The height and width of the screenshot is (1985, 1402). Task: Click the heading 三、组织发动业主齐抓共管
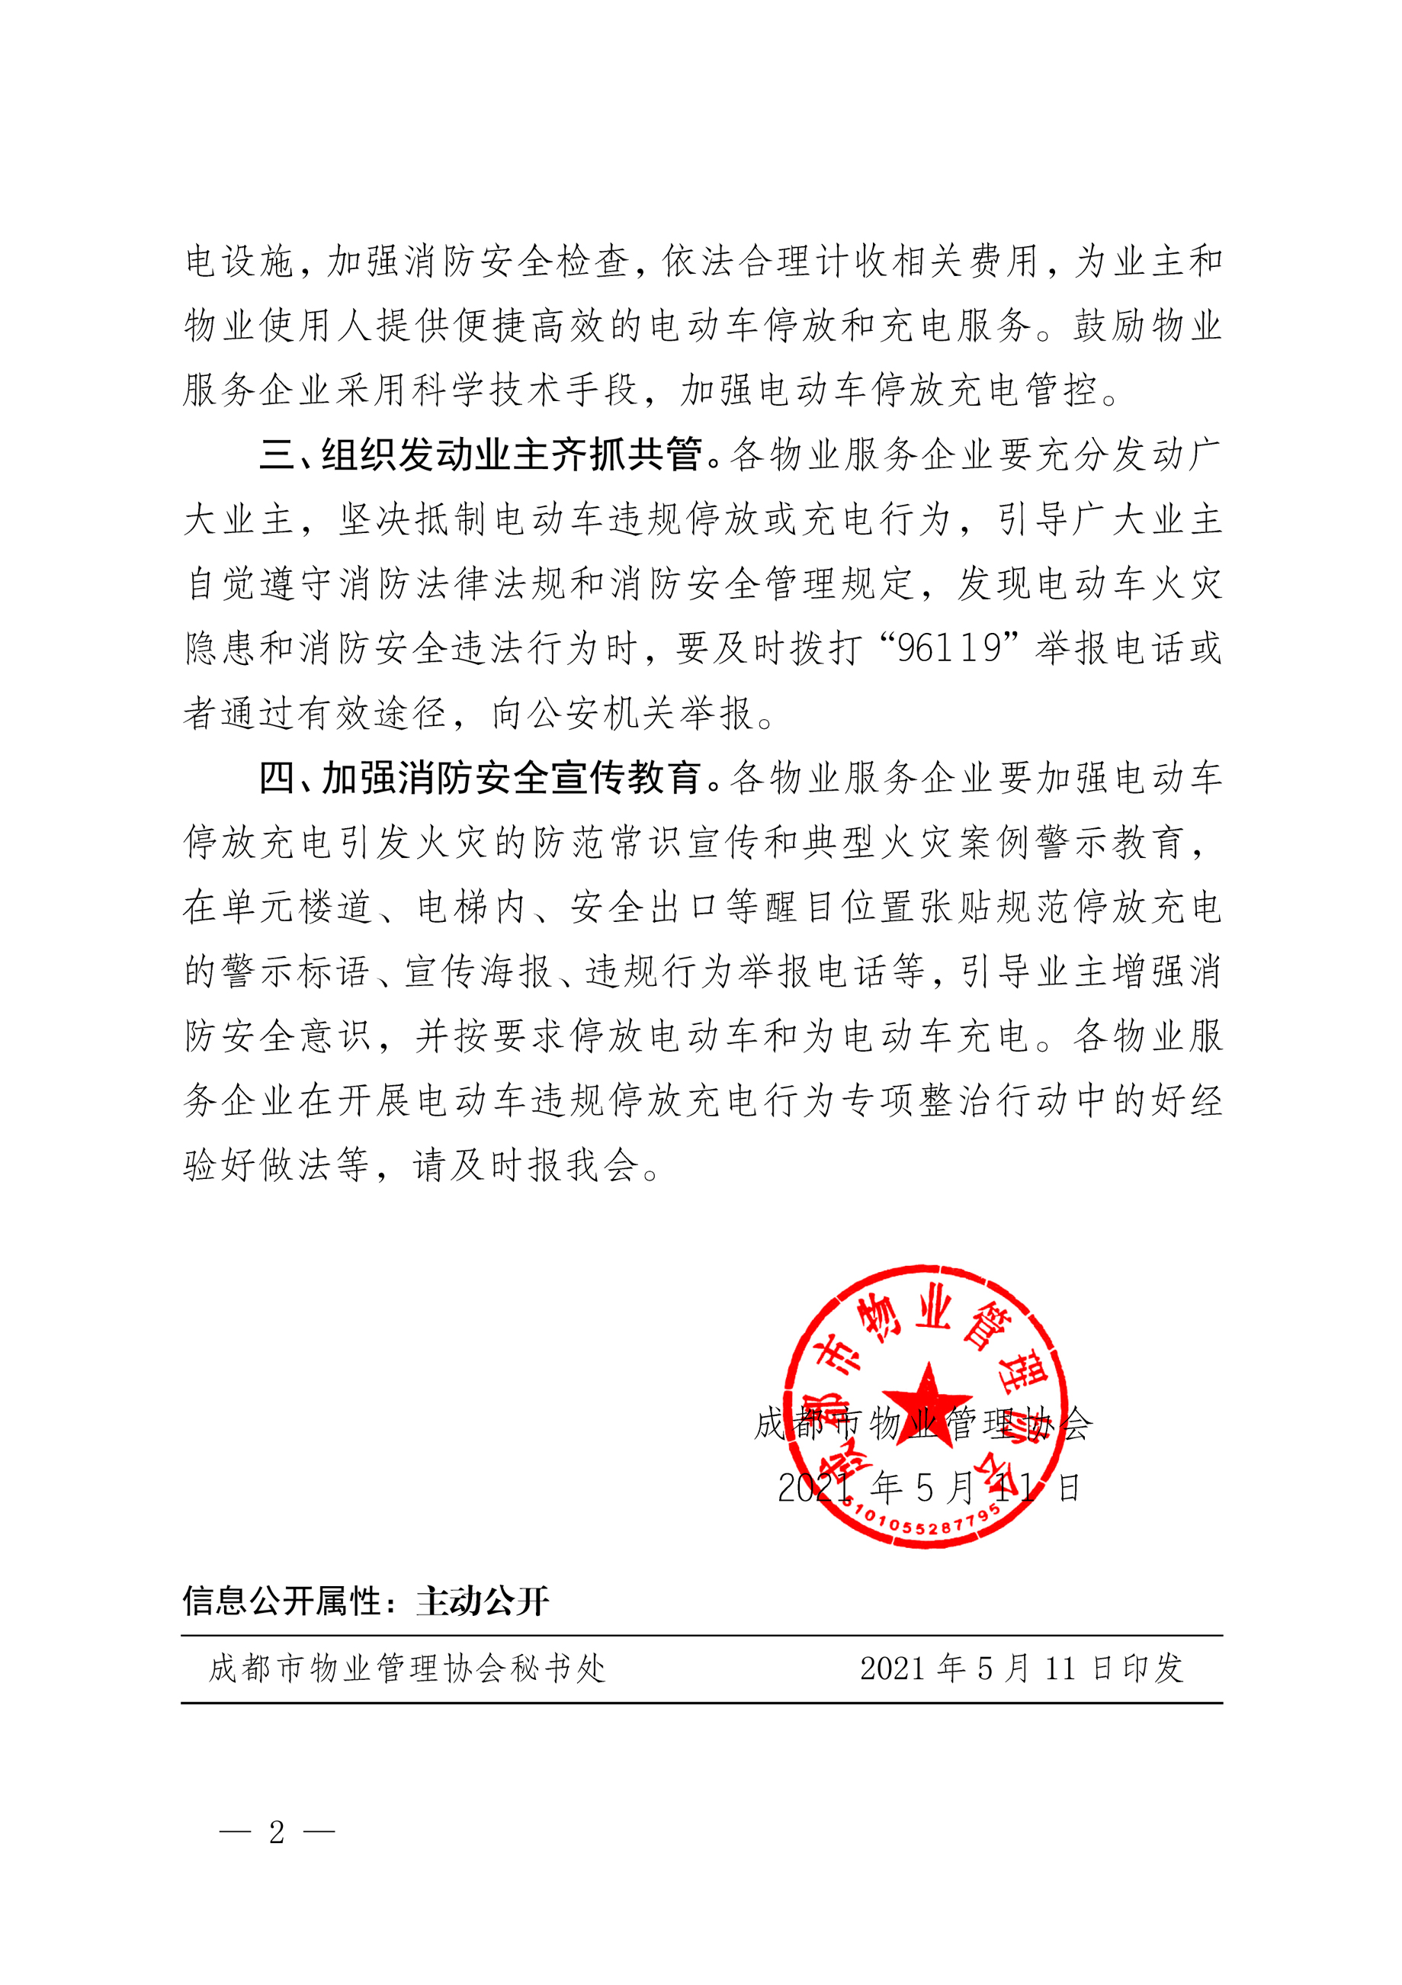(x=480, y=454)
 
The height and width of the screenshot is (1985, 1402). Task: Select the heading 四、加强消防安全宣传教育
(x=480, y=778)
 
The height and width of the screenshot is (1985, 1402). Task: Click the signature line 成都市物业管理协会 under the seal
(x=923, y=1424)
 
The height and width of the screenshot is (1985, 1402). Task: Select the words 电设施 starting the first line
(x=239, y=261)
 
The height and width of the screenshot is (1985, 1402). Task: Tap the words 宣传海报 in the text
(x=478, y=972)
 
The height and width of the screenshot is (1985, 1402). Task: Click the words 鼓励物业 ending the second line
(x=1147, y=326)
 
